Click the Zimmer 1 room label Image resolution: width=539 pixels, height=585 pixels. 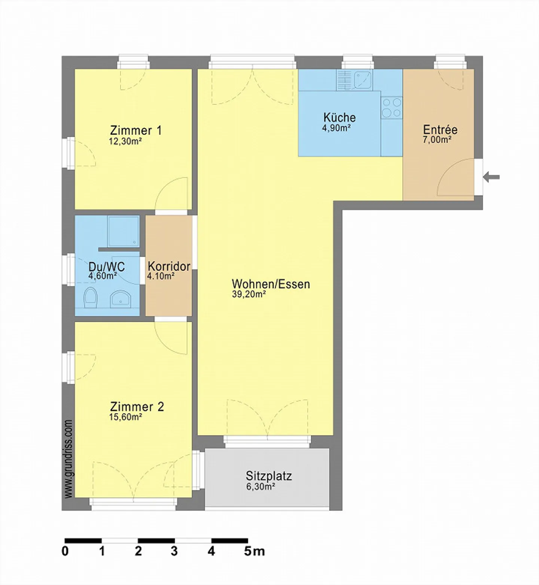[136, 131]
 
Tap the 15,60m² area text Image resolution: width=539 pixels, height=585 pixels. [125, 417]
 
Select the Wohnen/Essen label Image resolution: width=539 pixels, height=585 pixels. [271, 284]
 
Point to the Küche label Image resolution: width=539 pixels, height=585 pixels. [339, 117]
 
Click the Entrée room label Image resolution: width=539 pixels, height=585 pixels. [440, 130]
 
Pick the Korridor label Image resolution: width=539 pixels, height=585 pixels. [169, 266]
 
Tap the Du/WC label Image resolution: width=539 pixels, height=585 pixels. [107, 267]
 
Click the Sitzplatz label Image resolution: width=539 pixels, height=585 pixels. [268, 476]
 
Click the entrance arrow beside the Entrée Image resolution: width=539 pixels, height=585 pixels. [491, 177]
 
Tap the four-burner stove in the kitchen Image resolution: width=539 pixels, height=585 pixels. [392, 107]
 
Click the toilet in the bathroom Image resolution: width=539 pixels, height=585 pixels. [91, 298]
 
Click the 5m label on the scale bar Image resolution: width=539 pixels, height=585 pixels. [254, 551]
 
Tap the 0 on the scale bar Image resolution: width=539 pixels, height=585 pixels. [65, 551]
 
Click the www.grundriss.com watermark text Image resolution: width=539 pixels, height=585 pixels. [68, 459]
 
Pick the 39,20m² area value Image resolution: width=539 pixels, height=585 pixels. [249, 294]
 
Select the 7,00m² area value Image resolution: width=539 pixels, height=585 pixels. [436, 140]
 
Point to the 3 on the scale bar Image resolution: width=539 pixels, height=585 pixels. [174, 551]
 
